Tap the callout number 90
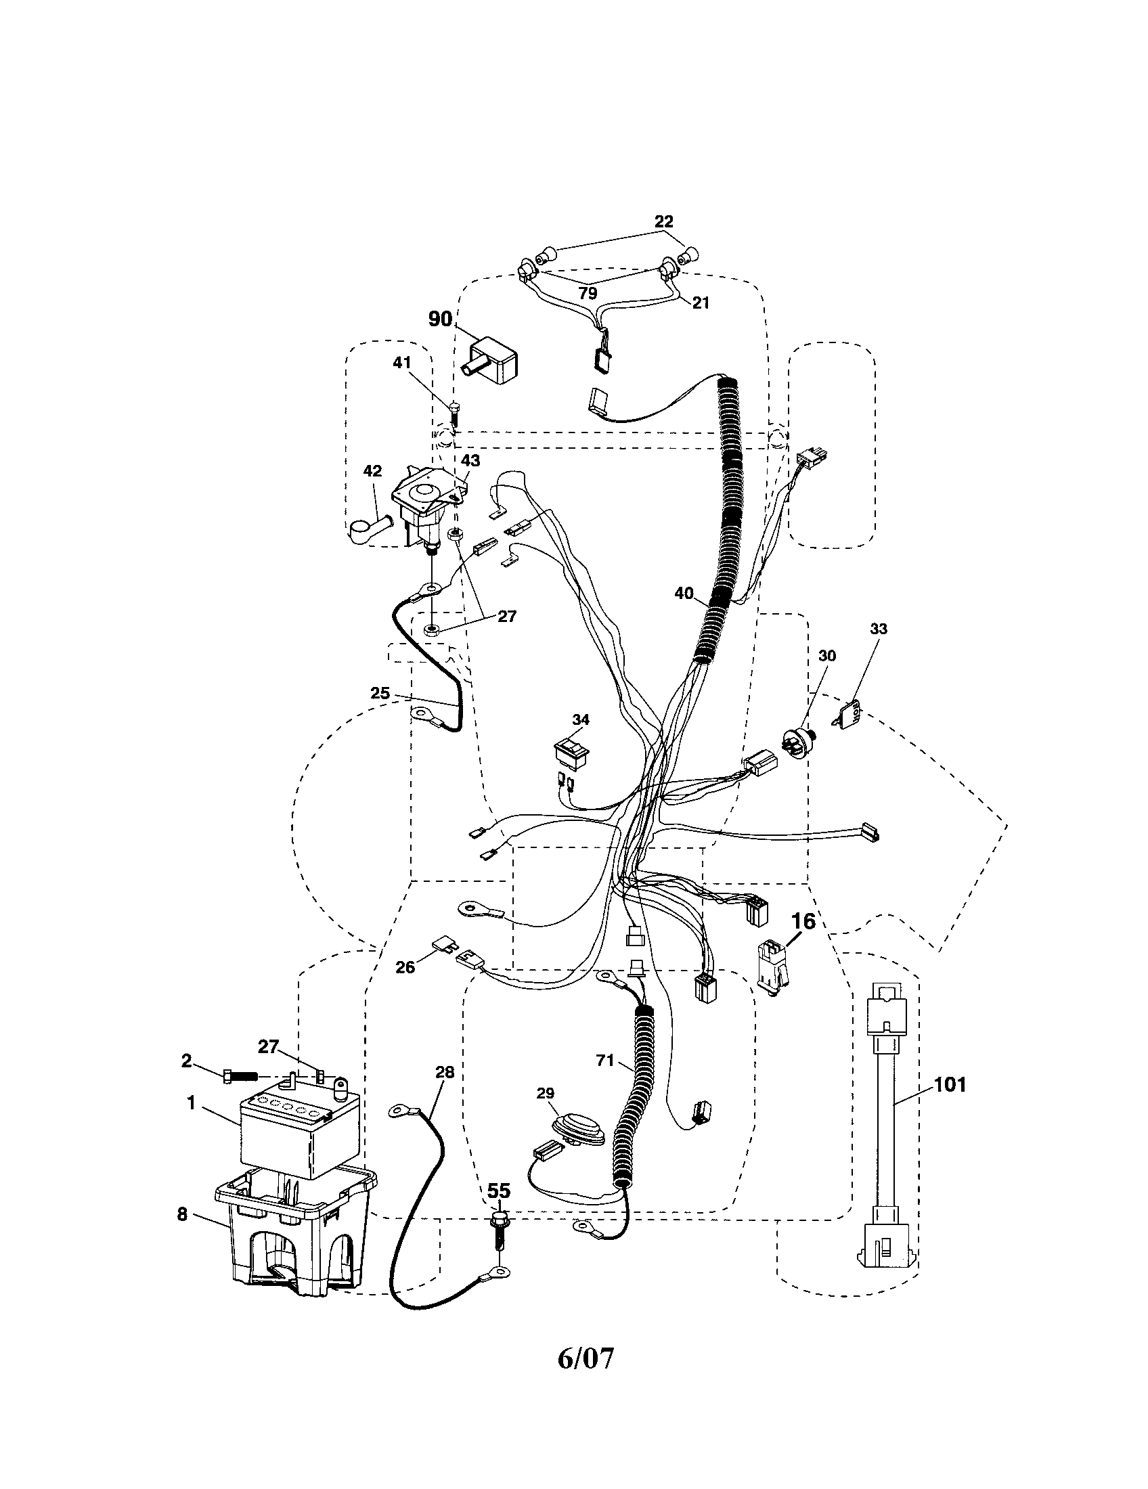441,318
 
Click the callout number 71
604,1060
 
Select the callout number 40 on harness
684,593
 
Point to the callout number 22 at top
663,221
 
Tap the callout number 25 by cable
380,692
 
